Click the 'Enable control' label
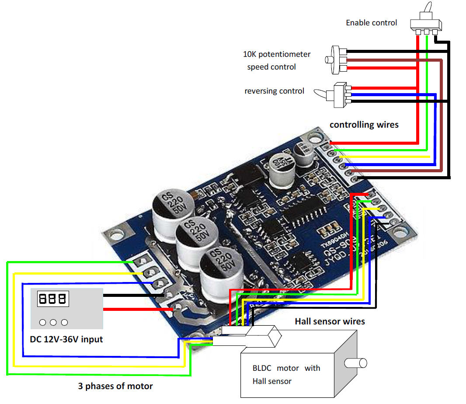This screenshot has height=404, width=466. pos(371,23)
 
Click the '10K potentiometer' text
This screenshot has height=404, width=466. pos(277,55)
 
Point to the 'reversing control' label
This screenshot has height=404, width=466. pos(274,91)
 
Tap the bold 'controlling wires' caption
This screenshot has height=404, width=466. pos(364,125)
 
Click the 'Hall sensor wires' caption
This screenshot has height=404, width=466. pos(330,321)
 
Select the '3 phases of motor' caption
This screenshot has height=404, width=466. pos(115,386)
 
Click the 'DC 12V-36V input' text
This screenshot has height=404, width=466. pos(66,339)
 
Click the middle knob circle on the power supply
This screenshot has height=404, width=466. pos(53,322)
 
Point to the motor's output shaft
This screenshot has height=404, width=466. pos(355,362)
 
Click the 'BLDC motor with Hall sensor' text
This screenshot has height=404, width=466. pos(286,374)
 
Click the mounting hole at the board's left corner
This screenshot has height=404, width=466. pos(116,235)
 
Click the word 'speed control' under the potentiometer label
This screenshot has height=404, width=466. pos(271,67)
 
